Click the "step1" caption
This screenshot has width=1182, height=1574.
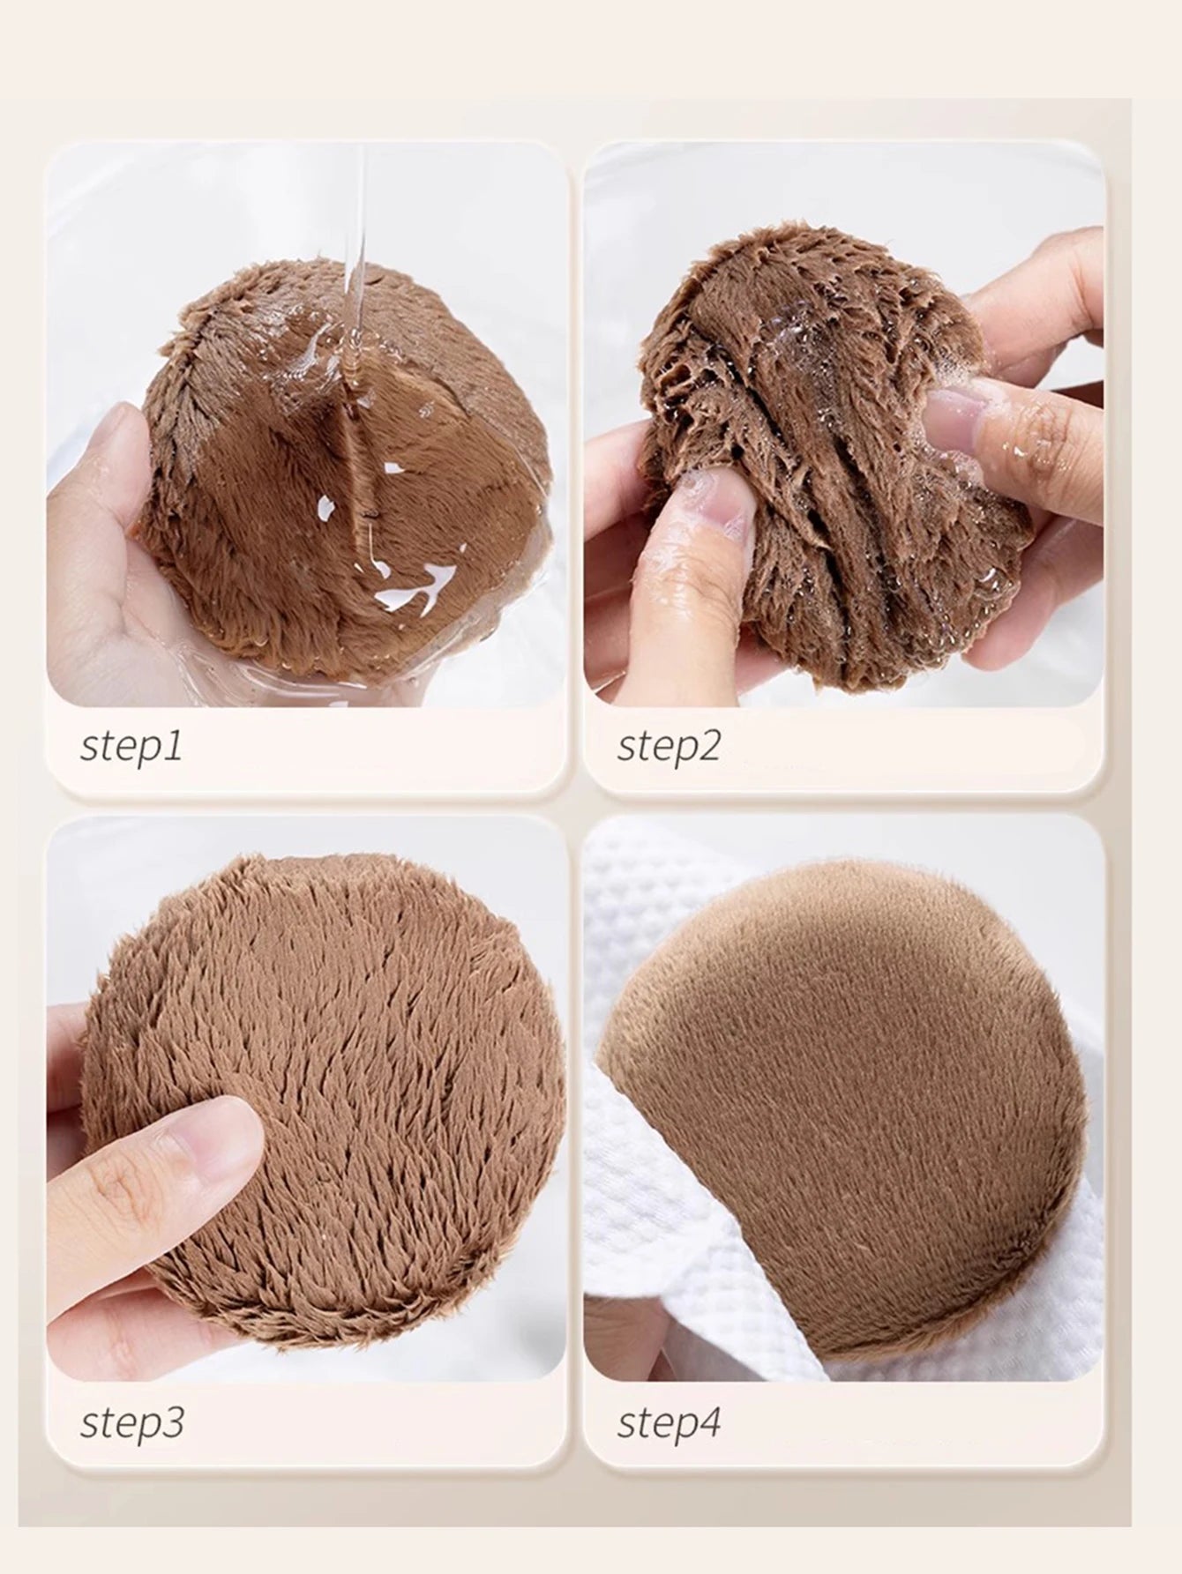pos(131,746)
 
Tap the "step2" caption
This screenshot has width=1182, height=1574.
pos(669,746)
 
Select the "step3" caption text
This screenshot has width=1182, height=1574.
pos(132,1423)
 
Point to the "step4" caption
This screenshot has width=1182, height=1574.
pos(669,1423)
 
